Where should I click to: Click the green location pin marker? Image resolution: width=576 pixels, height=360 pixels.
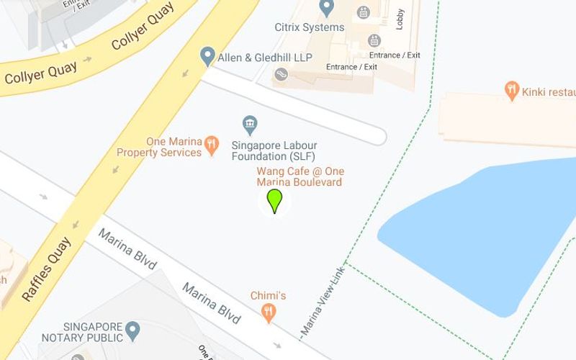click(x=274, y=201)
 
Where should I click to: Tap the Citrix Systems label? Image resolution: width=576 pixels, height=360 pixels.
click(x=310, y=27)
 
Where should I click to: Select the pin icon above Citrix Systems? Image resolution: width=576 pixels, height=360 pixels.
click(x=327, y=9)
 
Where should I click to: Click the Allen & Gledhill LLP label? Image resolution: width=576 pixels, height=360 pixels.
click(x=266, y=57)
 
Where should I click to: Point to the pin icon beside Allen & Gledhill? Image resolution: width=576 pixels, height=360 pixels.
click(x=208, y=56)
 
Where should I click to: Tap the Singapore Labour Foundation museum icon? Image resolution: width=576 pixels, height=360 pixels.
click(x=250, y=125)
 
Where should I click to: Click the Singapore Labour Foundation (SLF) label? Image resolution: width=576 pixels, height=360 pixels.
click(x=274, y=150)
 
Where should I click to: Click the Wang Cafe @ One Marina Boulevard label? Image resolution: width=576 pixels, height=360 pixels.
click(x=300, y=176)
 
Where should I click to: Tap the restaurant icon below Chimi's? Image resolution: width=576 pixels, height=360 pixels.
click(x=269, y=312)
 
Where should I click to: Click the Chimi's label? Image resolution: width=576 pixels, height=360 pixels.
click(x=269, y=296)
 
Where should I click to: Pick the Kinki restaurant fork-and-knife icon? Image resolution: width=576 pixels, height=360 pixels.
click(x=512, y=91)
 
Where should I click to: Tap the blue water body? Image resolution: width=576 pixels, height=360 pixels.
click(x=475, y=230)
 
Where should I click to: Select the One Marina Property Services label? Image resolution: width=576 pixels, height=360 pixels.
click(x=159, y=147)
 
